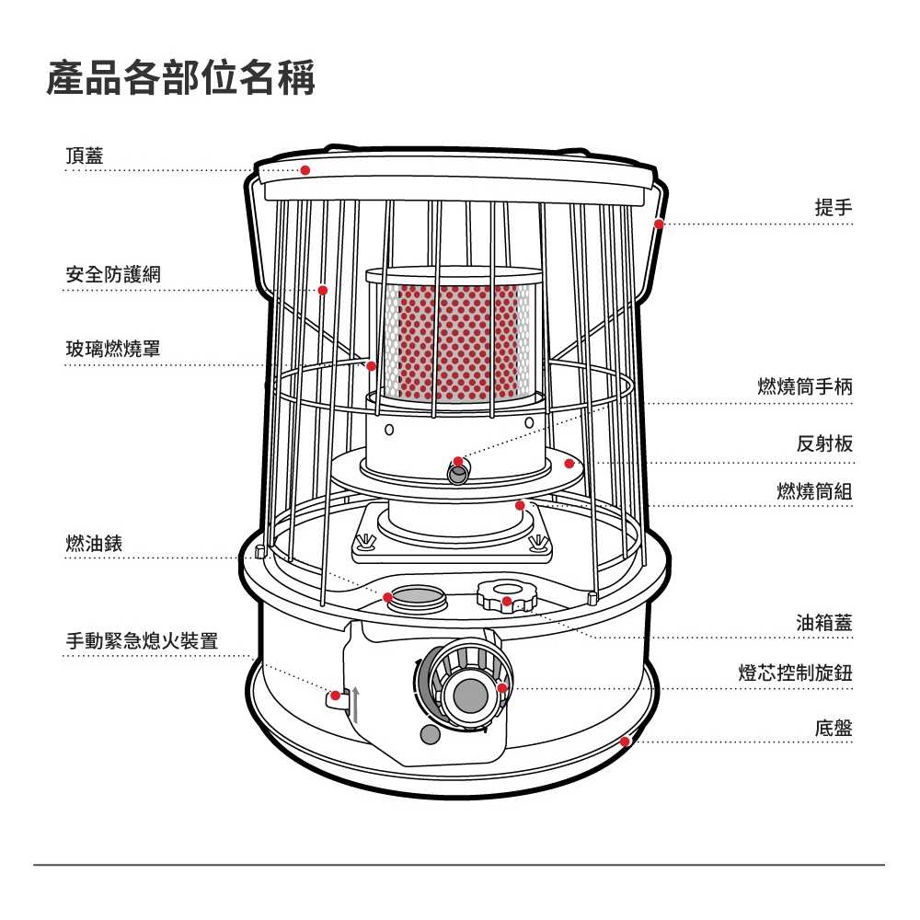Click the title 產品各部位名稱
pyautogui.click(x=181, y=79)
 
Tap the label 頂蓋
pyautogui.click(x=85, y=155)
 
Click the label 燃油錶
pyautogui.click(x=94, y=543)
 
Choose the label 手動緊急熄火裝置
pyautogui.click(x=142, y=640)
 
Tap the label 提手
pyautogui.click(x=834, y=208)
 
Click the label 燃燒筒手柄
pyautogui.click(x=805, y=387)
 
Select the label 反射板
pyautogui.click(x=824, y=444)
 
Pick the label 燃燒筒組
pyautogui.click(x=814, y=491)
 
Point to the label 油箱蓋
pyautogui.click(x=824, y=623)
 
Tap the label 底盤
pyautogui.click(x=834, y=729)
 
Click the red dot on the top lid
pyautogui.click(x=305, y=170)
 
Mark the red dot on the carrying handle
pyautogui.click(x=659, y=224)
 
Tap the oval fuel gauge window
pyautogui.click(x=419, y=596)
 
